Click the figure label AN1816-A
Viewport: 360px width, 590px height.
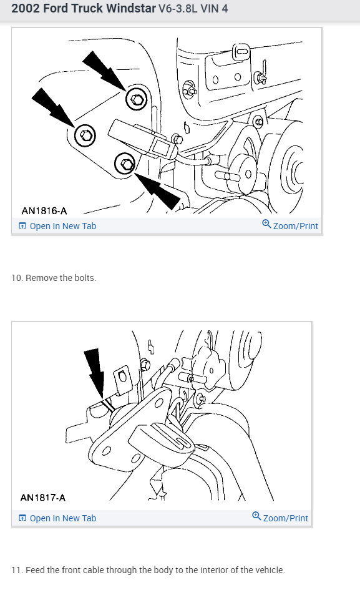[44, 210]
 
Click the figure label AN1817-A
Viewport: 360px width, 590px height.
[43, 498]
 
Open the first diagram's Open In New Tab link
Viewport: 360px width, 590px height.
[57, 226]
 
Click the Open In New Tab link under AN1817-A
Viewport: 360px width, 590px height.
[57, 518]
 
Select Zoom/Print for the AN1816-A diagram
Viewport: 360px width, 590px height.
[290, 225]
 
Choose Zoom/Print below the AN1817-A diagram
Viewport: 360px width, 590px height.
[280, 518]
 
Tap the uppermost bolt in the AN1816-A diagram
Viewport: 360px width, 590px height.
[137, 99]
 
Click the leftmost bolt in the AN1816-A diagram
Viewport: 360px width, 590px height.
[85, 135]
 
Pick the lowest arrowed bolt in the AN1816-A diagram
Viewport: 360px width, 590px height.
[125, 164]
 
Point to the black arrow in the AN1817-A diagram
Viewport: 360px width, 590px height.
[95, 373]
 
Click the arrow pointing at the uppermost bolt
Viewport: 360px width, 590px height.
[104, 71]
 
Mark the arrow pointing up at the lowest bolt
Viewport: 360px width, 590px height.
[157, 190]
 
